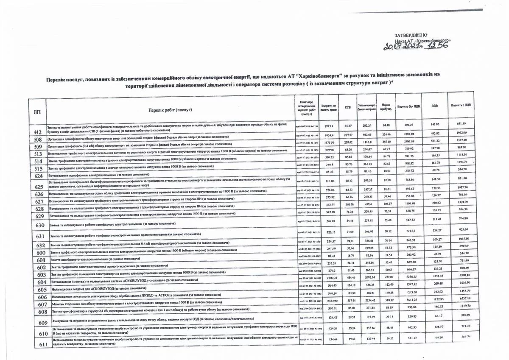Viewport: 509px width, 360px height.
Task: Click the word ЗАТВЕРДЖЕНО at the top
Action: click(410, 35)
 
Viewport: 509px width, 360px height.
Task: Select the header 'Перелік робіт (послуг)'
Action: click(171, 110)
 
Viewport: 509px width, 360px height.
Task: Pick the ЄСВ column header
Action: click(347, 106)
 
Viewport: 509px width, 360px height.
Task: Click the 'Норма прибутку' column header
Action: click(386, 106)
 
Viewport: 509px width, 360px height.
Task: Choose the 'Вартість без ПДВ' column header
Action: click(408, 106)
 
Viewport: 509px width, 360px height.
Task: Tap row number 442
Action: click(37, 132)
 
